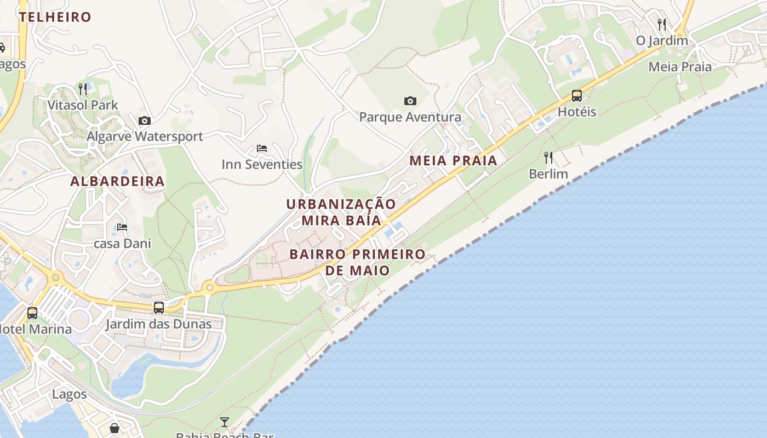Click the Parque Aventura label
(x=410, y=117)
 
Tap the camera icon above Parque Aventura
(x=410, y=101)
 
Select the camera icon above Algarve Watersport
(x=145, y=120)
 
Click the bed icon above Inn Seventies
(x=262, y=148)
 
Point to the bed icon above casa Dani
(x=122, y=227)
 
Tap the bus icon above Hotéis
(x=576, y=96)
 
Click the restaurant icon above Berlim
(x=548, y=158)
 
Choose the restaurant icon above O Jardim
(x=662, y=24)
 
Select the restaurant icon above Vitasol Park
(x=83, y=89)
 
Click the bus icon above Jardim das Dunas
(x=159, y=308)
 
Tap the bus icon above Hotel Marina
(x=32, y=313)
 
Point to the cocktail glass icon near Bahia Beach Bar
(x=225, y=422)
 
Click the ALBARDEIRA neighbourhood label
(x=117, y=181)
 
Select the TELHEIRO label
(x=55, y=17)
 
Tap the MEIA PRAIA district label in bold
(x=453, y=161)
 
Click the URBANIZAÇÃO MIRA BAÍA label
(x=341, y=212)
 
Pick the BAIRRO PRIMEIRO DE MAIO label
(x=357, y=262)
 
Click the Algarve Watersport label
(x=145, y=136)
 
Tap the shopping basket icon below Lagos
(x=115, y=428)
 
